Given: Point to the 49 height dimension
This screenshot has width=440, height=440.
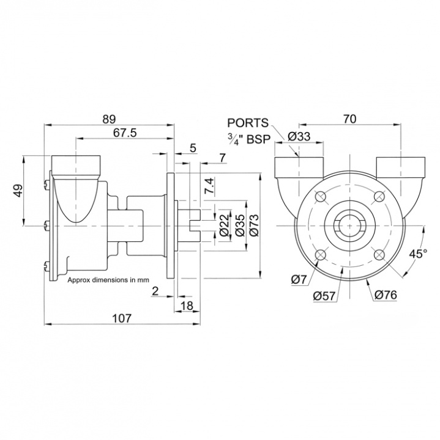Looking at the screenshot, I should coord(18,191).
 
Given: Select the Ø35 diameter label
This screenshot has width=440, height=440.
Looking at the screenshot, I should coord(224,225).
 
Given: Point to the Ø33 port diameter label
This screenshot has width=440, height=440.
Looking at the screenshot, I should coord(299,136).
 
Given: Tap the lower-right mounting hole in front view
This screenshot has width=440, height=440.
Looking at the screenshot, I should coord(380,255).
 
